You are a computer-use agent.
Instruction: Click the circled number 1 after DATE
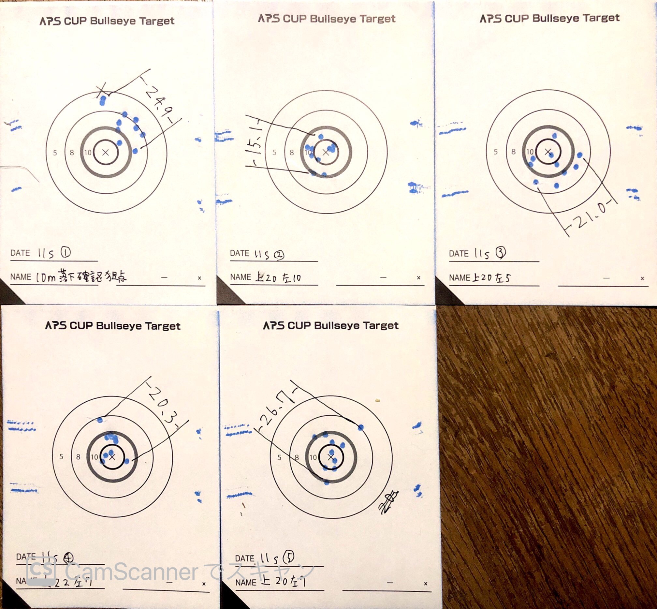[x=66, y=252]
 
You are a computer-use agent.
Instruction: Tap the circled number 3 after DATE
[x=501, y=252]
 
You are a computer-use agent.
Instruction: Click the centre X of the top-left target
[x=106, y=152]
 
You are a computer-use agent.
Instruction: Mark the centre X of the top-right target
[x=548, y=152]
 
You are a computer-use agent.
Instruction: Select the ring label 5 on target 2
[x=274, y=152]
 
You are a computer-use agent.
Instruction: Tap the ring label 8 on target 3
[x=513, y=152]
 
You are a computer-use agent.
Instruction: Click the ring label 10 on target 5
[x=313, y=457]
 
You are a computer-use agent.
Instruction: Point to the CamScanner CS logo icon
[x=41, y=571]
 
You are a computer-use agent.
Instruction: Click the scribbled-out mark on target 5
[x=389, y=501]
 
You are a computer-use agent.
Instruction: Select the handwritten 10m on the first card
[x=46, y=277]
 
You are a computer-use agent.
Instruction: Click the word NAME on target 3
[x=459, y=277]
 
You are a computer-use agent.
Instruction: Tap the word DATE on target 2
[x=239, y=253]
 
